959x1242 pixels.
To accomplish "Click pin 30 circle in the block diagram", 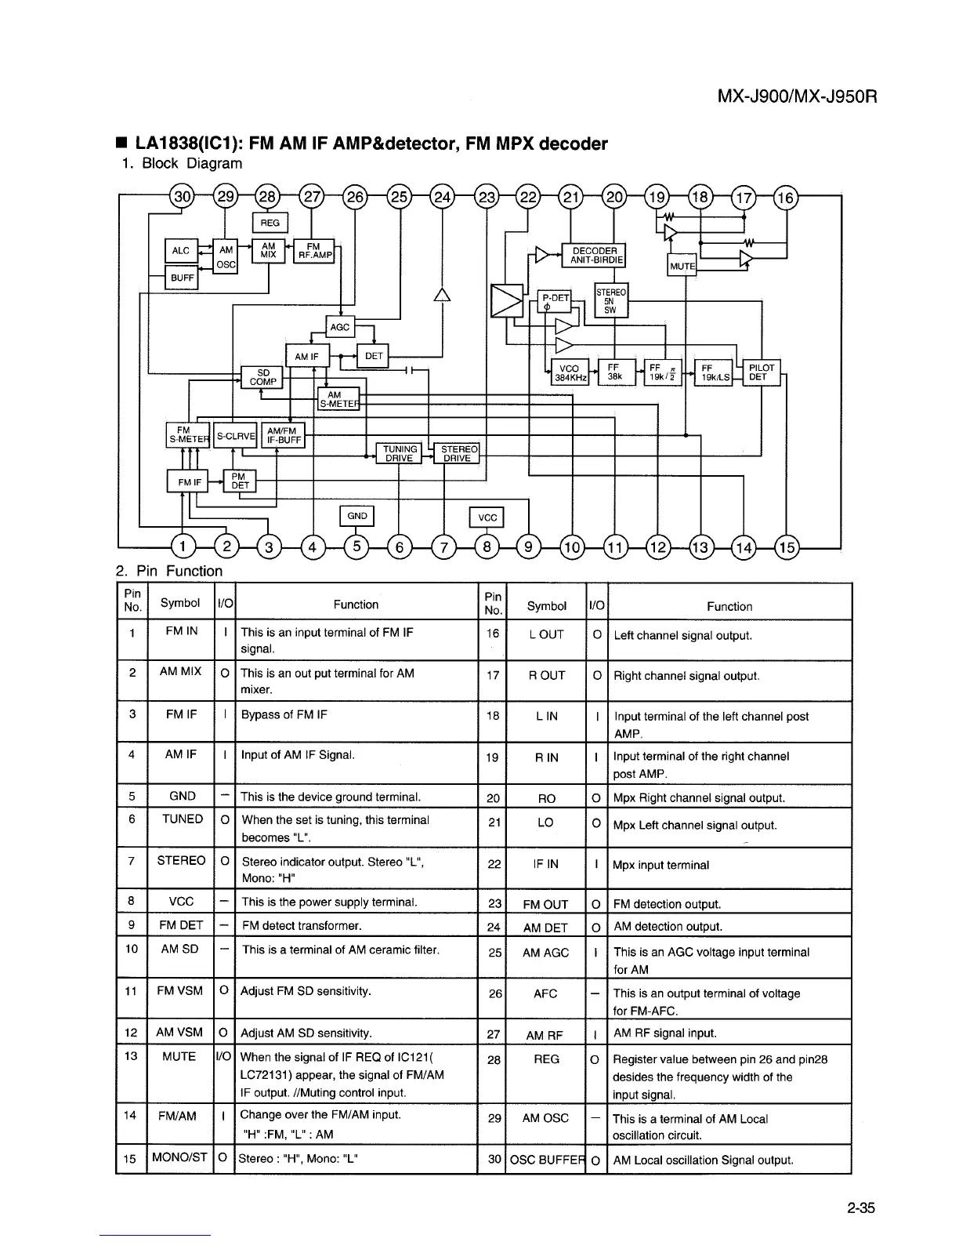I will [x=181, y=197].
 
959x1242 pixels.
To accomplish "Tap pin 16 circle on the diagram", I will [x=786, y=197].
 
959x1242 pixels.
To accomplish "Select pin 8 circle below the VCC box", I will [x=487, y=547].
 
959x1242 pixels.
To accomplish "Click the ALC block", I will [x=180, y=251].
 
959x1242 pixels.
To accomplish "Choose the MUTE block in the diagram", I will [x=682, y=266].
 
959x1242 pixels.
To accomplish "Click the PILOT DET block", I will [x=762, y=372].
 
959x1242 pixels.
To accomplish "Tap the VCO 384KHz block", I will [x=569, y=373].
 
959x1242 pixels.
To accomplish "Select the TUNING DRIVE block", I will [x=400, y=454].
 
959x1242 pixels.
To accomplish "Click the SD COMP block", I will [x=262, y=377].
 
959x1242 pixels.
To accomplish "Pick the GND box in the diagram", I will [x=356, y=516].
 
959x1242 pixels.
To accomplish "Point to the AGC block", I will [x=340, y=327].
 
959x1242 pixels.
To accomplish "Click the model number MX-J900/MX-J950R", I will [x=796, y=97].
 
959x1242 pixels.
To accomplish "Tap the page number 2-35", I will [x=860, y=1207].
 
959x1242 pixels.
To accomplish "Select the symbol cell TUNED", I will [x=182, y=819].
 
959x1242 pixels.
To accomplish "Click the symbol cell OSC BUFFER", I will [x=546, y=1160].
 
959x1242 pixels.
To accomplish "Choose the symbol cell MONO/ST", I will [x=180, y=1157].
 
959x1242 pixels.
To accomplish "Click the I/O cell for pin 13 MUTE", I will [x=224, y=1056].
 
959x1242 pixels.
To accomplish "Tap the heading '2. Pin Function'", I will [x=169, y=571].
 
